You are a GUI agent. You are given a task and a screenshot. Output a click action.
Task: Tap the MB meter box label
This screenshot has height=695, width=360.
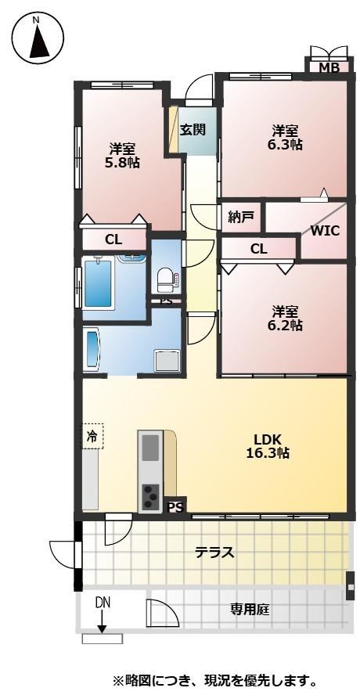tap(329, 68)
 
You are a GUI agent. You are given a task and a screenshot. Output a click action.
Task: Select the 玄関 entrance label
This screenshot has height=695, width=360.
tap(193, 130)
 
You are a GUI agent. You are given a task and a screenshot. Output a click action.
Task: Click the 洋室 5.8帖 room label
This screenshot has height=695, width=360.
tap(122, 155)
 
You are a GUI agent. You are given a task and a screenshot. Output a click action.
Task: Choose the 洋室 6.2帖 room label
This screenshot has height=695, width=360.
tap(285, 319)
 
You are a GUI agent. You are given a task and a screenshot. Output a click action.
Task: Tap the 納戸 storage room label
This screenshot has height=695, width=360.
tap(241, 217)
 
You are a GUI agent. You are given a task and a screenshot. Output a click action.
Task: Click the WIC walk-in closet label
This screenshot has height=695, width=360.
tap(325, 230)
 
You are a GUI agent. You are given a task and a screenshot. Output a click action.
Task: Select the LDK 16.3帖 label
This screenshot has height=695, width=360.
tap(268, 446)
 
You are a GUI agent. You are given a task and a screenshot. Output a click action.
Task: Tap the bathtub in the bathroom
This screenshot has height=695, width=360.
tap(99, 283)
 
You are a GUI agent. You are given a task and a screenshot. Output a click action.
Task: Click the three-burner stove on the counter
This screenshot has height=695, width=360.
tap(150, 496)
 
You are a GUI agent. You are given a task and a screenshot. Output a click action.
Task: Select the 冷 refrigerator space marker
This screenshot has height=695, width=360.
tap(92, 436)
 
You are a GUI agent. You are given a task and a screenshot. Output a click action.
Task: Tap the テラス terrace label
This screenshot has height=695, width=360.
tap(214, 553)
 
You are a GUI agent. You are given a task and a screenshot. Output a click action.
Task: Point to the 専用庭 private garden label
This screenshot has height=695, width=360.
tap(249, 610)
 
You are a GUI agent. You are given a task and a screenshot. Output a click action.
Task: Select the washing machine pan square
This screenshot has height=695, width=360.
tap(167, 361)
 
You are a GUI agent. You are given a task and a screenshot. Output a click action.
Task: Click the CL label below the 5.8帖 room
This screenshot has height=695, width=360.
tap(113, 239)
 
